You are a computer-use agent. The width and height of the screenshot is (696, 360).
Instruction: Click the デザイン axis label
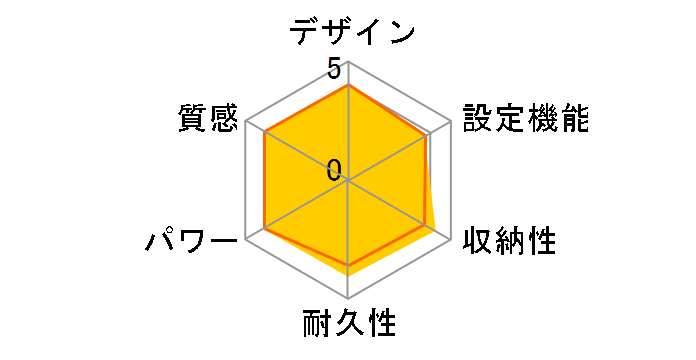(x=352, y=32)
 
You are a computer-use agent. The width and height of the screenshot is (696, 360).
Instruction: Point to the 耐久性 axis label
(x=349, y=325)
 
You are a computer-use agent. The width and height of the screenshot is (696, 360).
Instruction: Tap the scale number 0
(x=333, y=169)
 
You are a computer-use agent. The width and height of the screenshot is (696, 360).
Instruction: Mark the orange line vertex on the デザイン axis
(x=348, y=86)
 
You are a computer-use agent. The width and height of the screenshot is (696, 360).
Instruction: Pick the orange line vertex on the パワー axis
(x=265, y=229)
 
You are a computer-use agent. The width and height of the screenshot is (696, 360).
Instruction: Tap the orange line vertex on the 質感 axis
(x=264, y=132)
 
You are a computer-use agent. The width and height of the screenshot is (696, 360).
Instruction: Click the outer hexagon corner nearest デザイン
(x=348, y=63)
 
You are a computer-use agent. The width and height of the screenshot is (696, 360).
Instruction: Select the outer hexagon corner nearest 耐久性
(x=348, y=299)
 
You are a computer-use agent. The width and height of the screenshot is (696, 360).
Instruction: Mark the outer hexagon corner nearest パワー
(x=246, y=240)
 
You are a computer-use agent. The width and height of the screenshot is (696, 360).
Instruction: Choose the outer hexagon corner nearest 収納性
(x=450, y=240)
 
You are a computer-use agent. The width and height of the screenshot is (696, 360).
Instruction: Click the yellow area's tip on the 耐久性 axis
(x=348, y=275)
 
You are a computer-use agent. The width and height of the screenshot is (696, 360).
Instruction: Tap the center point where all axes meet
(x=348, y=181)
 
